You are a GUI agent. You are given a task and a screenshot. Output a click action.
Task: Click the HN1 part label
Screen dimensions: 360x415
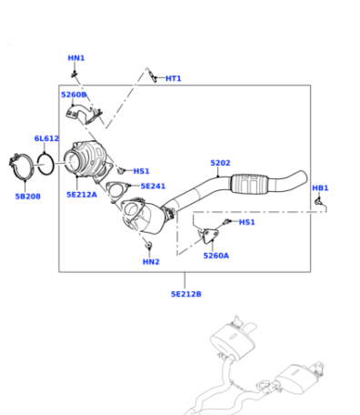[x=76, y=58]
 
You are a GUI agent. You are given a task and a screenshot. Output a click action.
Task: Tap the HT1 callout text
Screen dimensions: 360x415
[x=174, y=78]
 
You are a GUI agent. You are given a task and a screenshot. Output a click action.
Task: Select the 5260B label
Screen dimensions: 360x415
[x=74, y=95]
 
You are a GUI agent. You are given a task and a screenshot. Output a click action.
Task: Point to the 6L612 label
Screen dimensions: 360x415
[x=46, y=138]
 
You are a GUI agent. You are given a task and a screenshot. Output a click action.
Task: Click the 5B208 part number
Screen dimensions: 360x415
[x=28, y=197]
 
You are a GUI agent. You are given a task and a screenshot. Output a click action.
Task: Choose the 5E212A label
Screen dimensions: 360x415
[x=82, y=195]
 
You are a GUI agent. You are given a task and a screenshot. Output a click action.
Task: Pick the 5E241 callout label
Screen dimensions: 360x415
[x=153, y=186]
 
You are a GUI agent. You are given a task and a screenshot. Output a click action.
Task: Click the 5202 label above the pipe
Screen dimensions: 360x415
[x=220, y=163]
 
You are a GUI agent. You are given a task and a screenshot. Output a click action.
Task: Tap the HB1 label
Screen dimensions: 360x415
[x=320, y=188]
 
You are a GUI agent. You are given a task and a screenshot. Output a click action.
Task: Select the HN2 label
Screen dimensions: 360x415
[x=151, y=262]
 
